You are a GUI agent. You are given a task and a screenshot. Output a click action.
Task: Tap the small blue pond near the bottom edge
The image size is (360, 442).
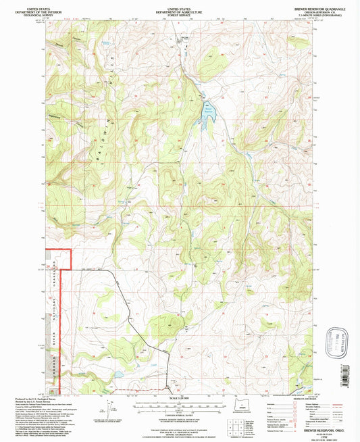pyautogui.click(x=116, y=373)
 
